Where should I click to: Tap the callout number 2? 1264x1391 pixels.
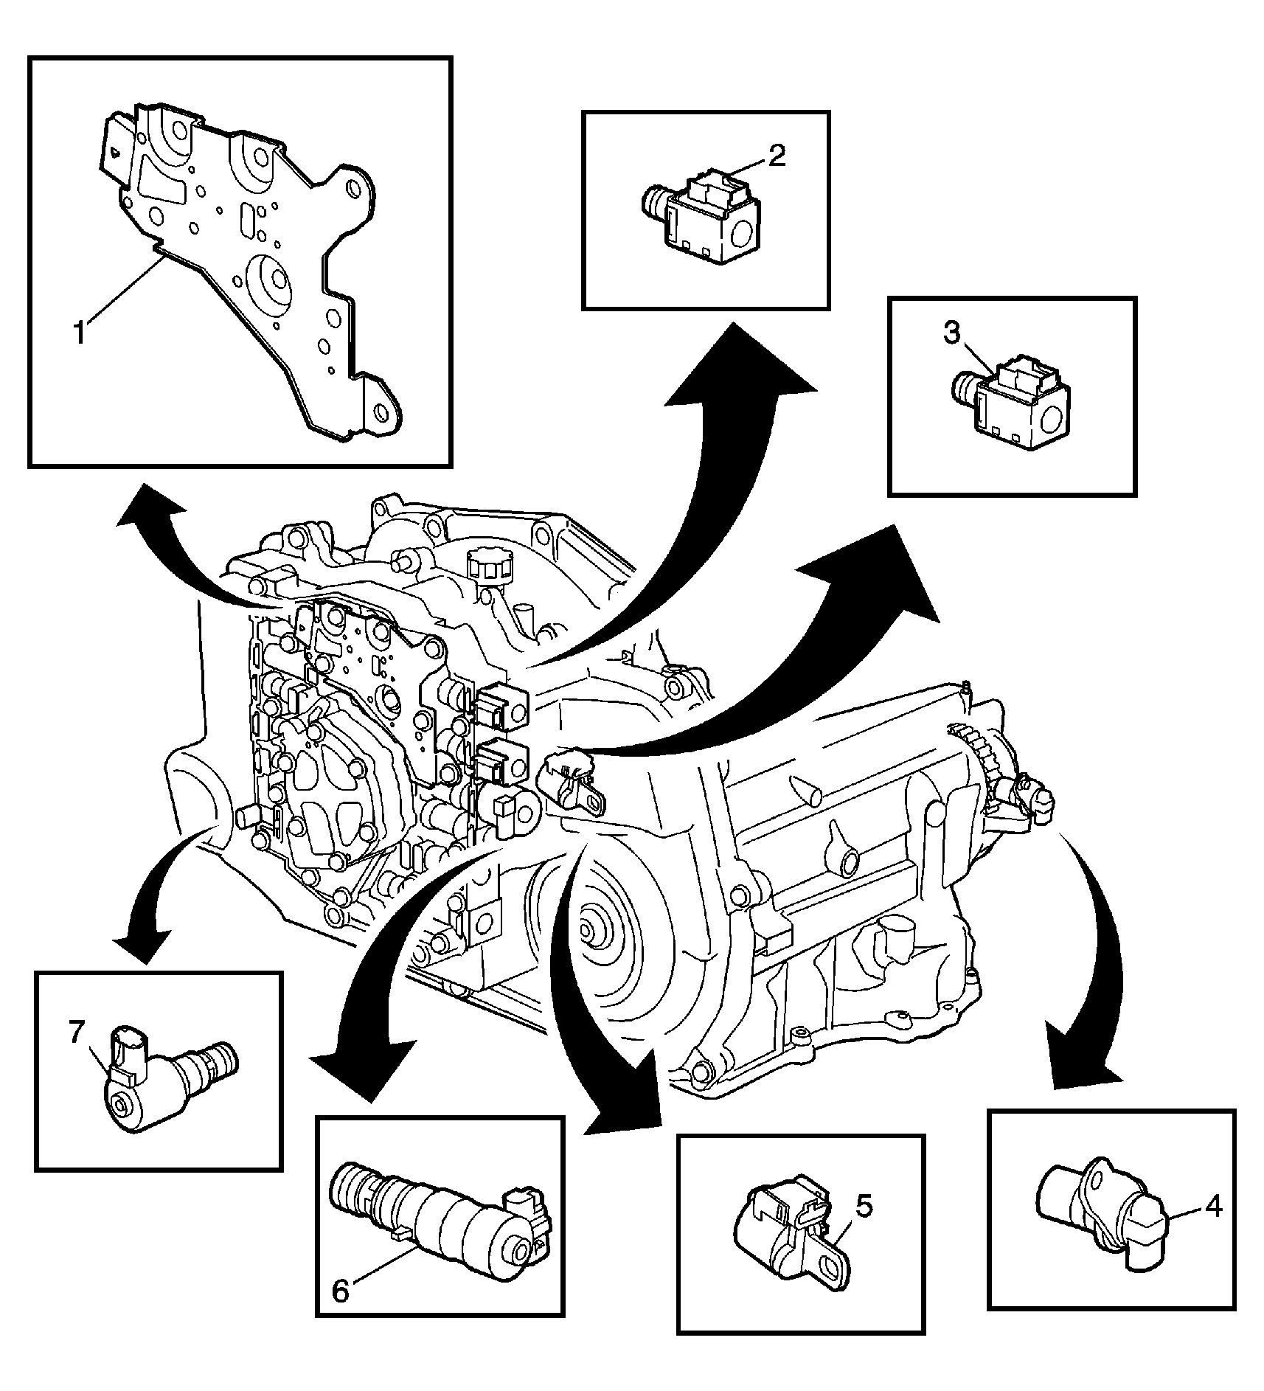(x=777, y=156)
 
